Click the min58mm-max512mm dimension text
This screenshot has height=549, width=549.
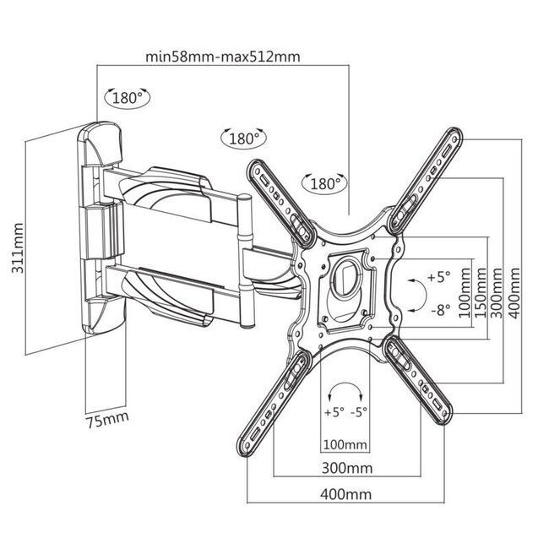(224, 57)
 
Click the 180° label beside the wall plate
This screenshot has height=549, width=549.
(127, 97)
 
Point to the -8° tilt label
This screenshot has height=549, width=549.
(438, 310)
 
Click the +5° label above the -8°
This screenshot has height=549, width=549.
(438, 277)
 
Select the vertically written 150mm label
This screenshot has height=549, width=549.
(480, 291)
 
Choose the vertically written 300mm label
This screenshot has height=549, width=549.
(497, 291)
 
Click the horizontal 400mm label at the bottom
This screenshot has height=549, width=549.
(344, 494)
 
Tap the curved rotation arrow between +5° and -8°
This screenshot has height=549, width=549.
(412, 294)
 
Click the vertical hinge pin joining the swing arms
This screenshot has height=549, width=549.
(246, 262)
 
